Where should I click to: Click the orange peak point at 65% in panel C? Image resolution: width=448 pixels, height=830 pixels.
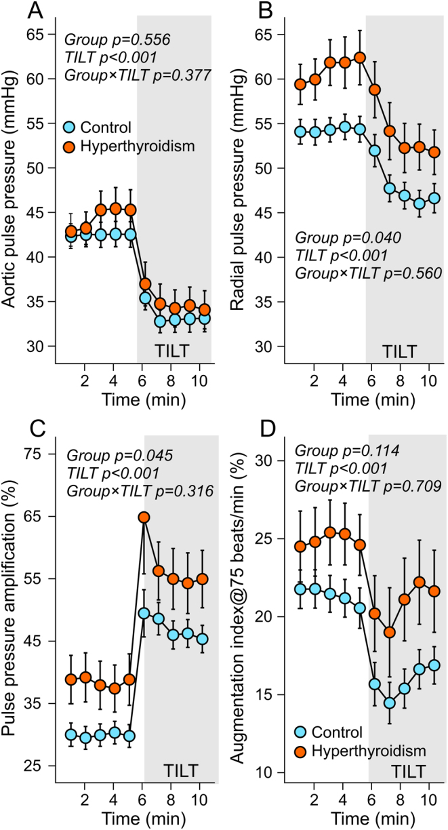coord(144,517)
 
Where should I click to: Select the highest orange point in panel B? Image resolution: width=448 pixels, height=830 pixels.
coord(360,58)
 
